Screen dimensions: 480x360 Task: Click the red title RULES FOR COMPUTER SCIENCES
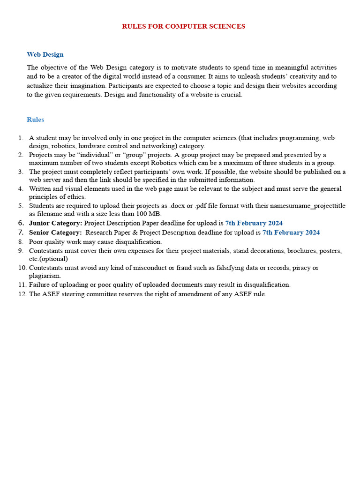coord(183,26)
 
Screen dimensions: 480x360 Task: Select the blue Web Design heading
coord(45,54)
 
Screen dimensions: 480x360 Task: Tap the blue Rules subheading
coord(35,120)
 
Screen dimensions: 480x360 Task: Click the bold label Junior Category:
coord(55,223)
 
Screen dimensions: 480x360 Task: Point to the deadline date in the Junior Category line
coord(254,223)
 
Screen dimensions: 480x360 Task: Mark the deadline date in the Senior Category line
coord(291,232)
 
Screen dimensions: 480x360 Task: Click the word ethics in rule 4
coord(75,197)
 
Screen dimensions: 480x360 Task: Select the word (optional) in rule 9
coord(53,259)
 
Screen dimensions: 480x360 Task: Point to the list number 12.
coord(22,294)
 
